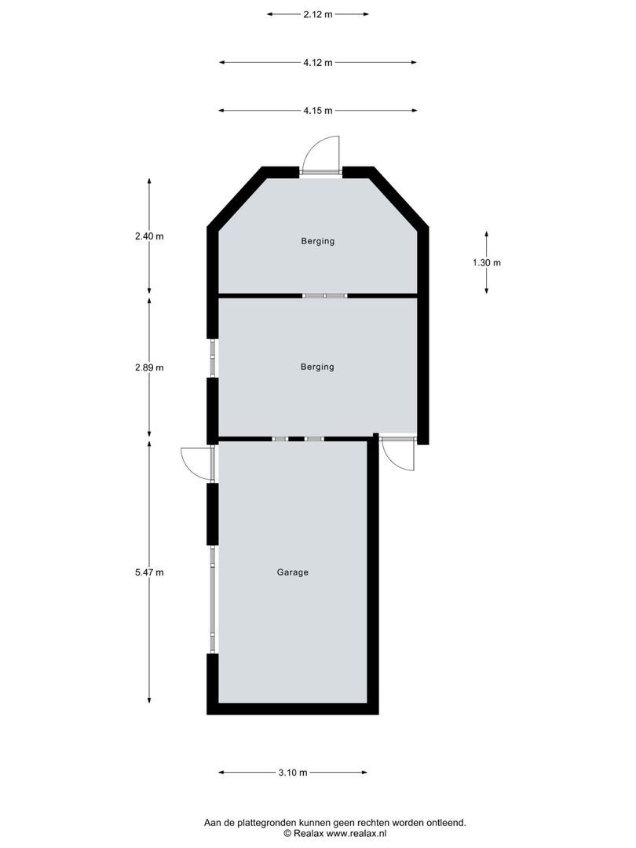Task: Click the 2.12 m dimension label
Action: tap(317, 14)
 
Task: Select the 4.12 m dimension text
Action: tap(317, 63)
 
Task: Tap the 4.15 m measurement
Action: tap(317, 111)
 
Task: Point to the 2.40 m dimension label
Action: tap(149, 236)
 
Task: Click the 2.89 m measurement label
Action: tap(149, 367)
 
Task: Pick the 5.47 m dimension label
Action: tap(149, 572)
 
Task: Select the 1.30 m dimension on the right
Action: tap(487, 263)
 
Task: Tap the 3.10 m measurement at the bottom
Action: tap(292, 773)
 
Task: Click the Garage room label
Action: tap(292, 572)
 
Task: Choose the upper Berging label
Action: tap(317, 241)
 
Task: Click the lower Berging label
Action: tap(317, 367)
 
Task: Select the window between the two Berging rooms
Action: tap(324, 295)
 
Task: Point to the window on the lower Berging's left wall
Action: tap(212, 359)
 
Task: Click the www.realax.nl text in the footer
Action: tap(353, 833)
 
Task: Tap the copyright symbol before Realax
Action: tap(287, 833)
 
